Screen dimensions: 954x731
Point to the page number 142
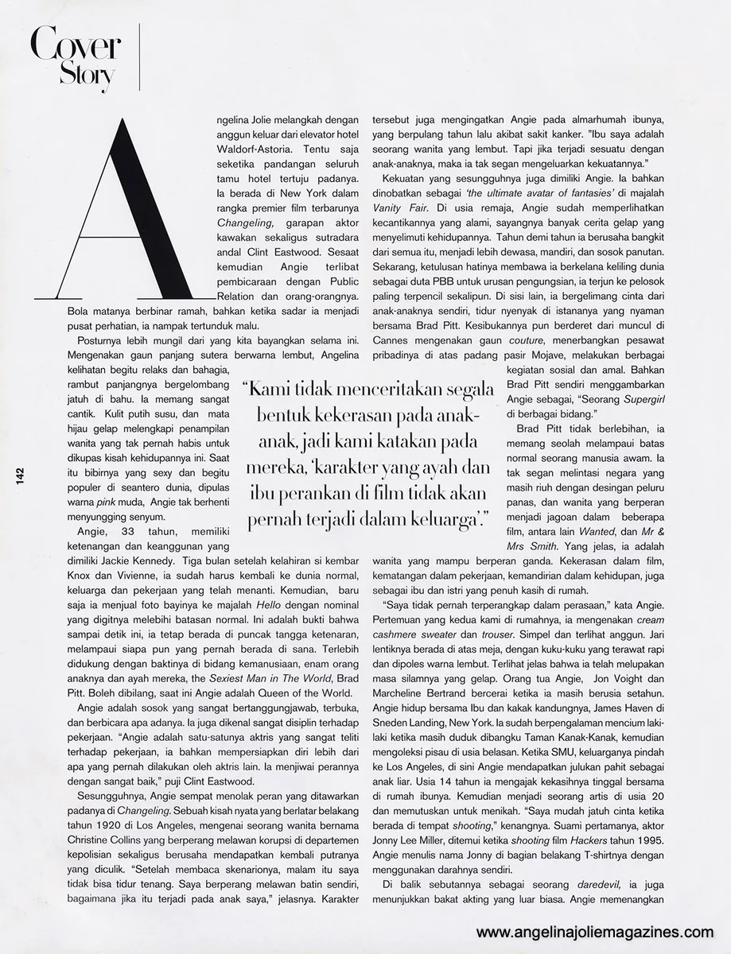point(18,475)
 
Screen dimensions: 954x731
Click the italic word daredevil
point(589,885)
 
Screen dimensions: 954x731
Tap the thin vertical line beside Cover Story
point(140,57)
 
